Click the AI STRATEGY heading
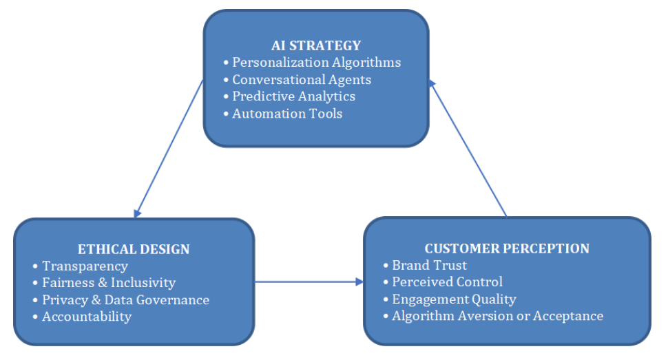(x=316, y=45)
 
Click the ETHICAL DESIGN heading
(x=134, y=248)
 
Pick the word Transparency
(x=85, y=266)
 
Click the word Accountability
(x=87, y=317)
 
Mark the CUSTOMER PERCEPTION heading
(x=507, y=248)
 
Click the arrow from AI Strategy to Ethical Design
(x=169, y=148)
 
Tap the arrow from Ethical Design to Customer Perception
(x=309, y=282)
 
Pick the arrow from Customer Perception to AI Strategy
(x=468, y=148)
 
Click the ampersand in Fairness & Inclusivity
(x=102, y=282)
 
